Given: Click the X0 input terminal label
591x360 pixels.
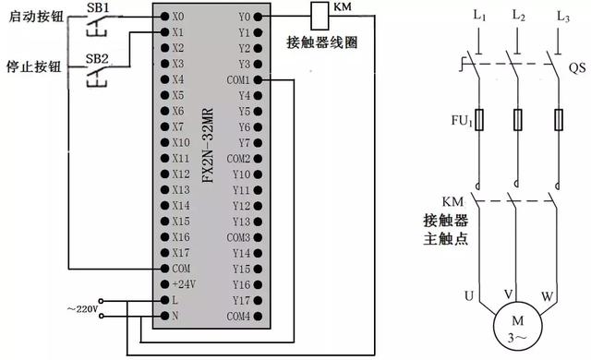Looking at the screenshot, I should pos(177,17).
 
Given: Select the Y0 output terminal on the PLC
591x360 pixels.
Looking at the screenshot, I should pos(244,17).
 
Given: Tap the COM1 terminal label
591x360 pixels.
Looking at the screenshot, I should pos(239,80).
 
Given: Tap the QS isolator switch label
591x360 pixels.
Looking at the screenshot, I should pos(576,67).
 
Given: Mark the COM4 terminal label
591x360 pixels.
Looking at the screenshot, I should pos(239,317).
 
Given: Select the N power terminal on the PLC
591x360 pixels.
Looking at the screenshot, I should pos(175,317).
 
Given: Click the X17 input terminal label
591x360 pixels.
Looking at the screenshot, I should pos(180,252).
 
